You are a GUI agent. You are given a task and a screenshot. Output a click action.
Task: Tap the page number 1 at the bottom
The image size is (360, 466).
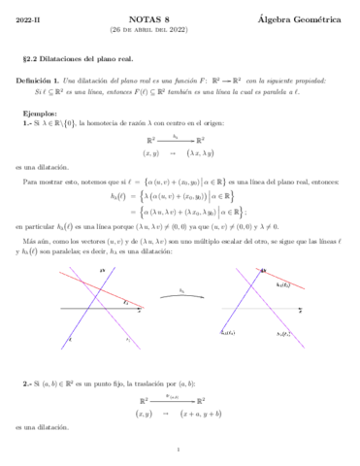click(180, 449)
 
